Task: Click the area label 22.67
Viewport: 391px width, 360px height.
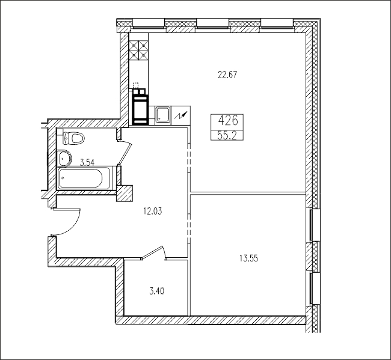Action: [227, 75]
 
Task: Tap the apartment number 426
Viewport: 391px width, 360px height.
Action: [228, 121]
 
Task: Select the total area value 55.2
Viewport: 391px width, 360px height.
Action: [227, 136]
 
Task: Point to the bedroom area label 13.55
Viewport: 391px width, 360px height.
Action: [248, 258]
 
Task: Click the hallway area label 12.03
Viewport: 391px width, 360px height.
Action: [152, 212]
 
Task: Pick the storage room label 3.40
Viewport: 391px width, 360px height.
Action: [156, 291]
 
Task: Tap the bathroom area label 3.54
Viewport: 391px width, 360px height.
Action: [87, 163]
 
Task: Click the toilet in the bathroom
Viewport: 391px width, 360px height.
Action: [73, 138]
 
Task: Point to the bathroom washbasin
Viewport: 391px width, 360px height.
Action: [65, 158]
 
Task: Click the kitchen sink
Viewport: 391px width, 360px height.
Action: [163, 115]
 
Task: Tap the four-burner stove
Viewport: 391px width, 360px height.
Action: [138, 50]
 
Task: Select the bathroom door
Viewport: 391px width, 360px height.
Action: [125, 153]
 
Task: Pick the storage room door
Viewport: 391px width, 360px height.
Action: [153, 253]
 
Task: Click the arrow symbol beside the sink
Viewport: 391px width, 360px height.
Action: [182, 115]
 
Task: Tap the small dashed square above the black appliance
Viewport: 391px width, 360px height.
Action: [135, 85]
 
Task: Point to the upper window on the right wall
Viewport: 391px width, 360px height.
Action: [315, 225]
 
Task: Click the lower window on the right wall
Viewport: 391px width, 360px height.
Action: [315, 288]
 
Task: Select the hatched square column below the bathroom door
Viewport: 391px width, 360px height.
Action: [125, 193]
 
